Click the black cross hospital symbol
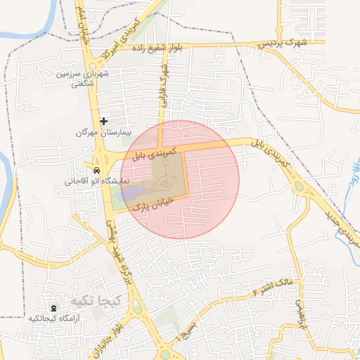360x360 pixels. (x=104, y=122)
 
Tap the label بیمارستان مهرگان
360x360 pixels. (x=104, y=132)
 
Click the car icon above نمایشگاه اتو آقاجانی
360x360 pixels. (x=96, y=171)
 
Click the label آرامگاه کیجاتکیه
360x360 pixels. (x=54, y=319)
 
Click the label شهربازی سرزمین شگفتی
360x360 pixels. (x=84, y=79)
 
